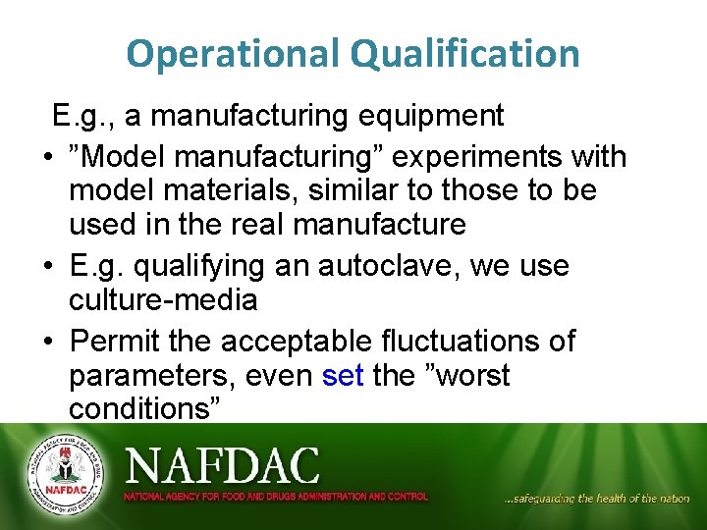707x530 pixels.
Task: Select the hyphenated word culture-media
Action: pos(162,299)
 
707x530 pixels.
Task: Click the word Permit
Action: pos(119,342)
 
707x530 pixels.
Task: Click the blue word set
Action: pos(343,375)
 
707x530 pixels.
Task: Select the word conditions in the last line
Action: pos(140,408)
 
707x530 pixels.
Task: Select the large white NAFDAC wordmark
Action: pos(222,464)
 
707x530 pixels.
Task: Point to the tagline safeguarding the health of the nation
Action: pos(596,499)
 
